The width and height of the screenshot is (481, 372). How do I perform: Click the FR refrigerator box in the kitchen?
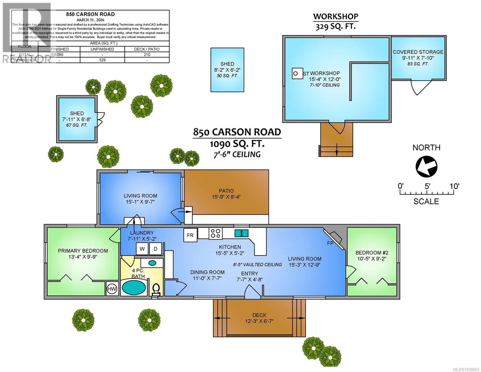point(190,235)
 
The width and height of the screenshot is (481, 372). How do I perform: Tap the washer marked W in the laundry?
point(142,249)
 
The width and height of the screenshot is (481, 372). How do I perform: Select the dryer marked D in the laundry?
point(155,249)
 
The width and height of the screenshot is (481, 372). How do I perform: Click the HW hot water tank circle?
point(112,289)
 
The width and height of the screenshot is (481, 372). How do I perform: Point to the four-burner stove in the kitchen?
point(216,233)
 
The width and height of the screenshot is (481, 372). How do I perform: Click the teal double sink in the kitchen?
point(241,233)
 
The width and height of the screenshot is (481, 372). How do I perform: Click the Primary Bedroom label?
point(83,251)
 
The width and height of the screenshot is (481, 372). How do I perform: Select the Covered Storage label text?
point(418,52)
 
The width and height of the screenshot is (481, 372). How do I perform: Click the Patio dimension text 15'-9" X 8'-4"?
point(226,197)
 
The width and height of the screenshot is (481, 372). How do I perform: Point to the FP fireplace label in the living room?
point(330,243)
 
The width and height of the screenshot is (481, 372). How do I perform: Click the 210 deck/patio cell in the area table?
point(147,55)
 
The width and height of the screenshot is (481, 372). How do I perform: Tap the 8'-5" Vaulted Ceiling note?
point(257,264)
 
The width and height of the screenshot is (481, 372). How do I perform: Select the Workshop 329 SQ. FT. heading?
point(335,21)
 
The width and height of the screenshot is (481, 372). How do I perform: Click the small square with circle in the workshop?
point(296,73)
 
